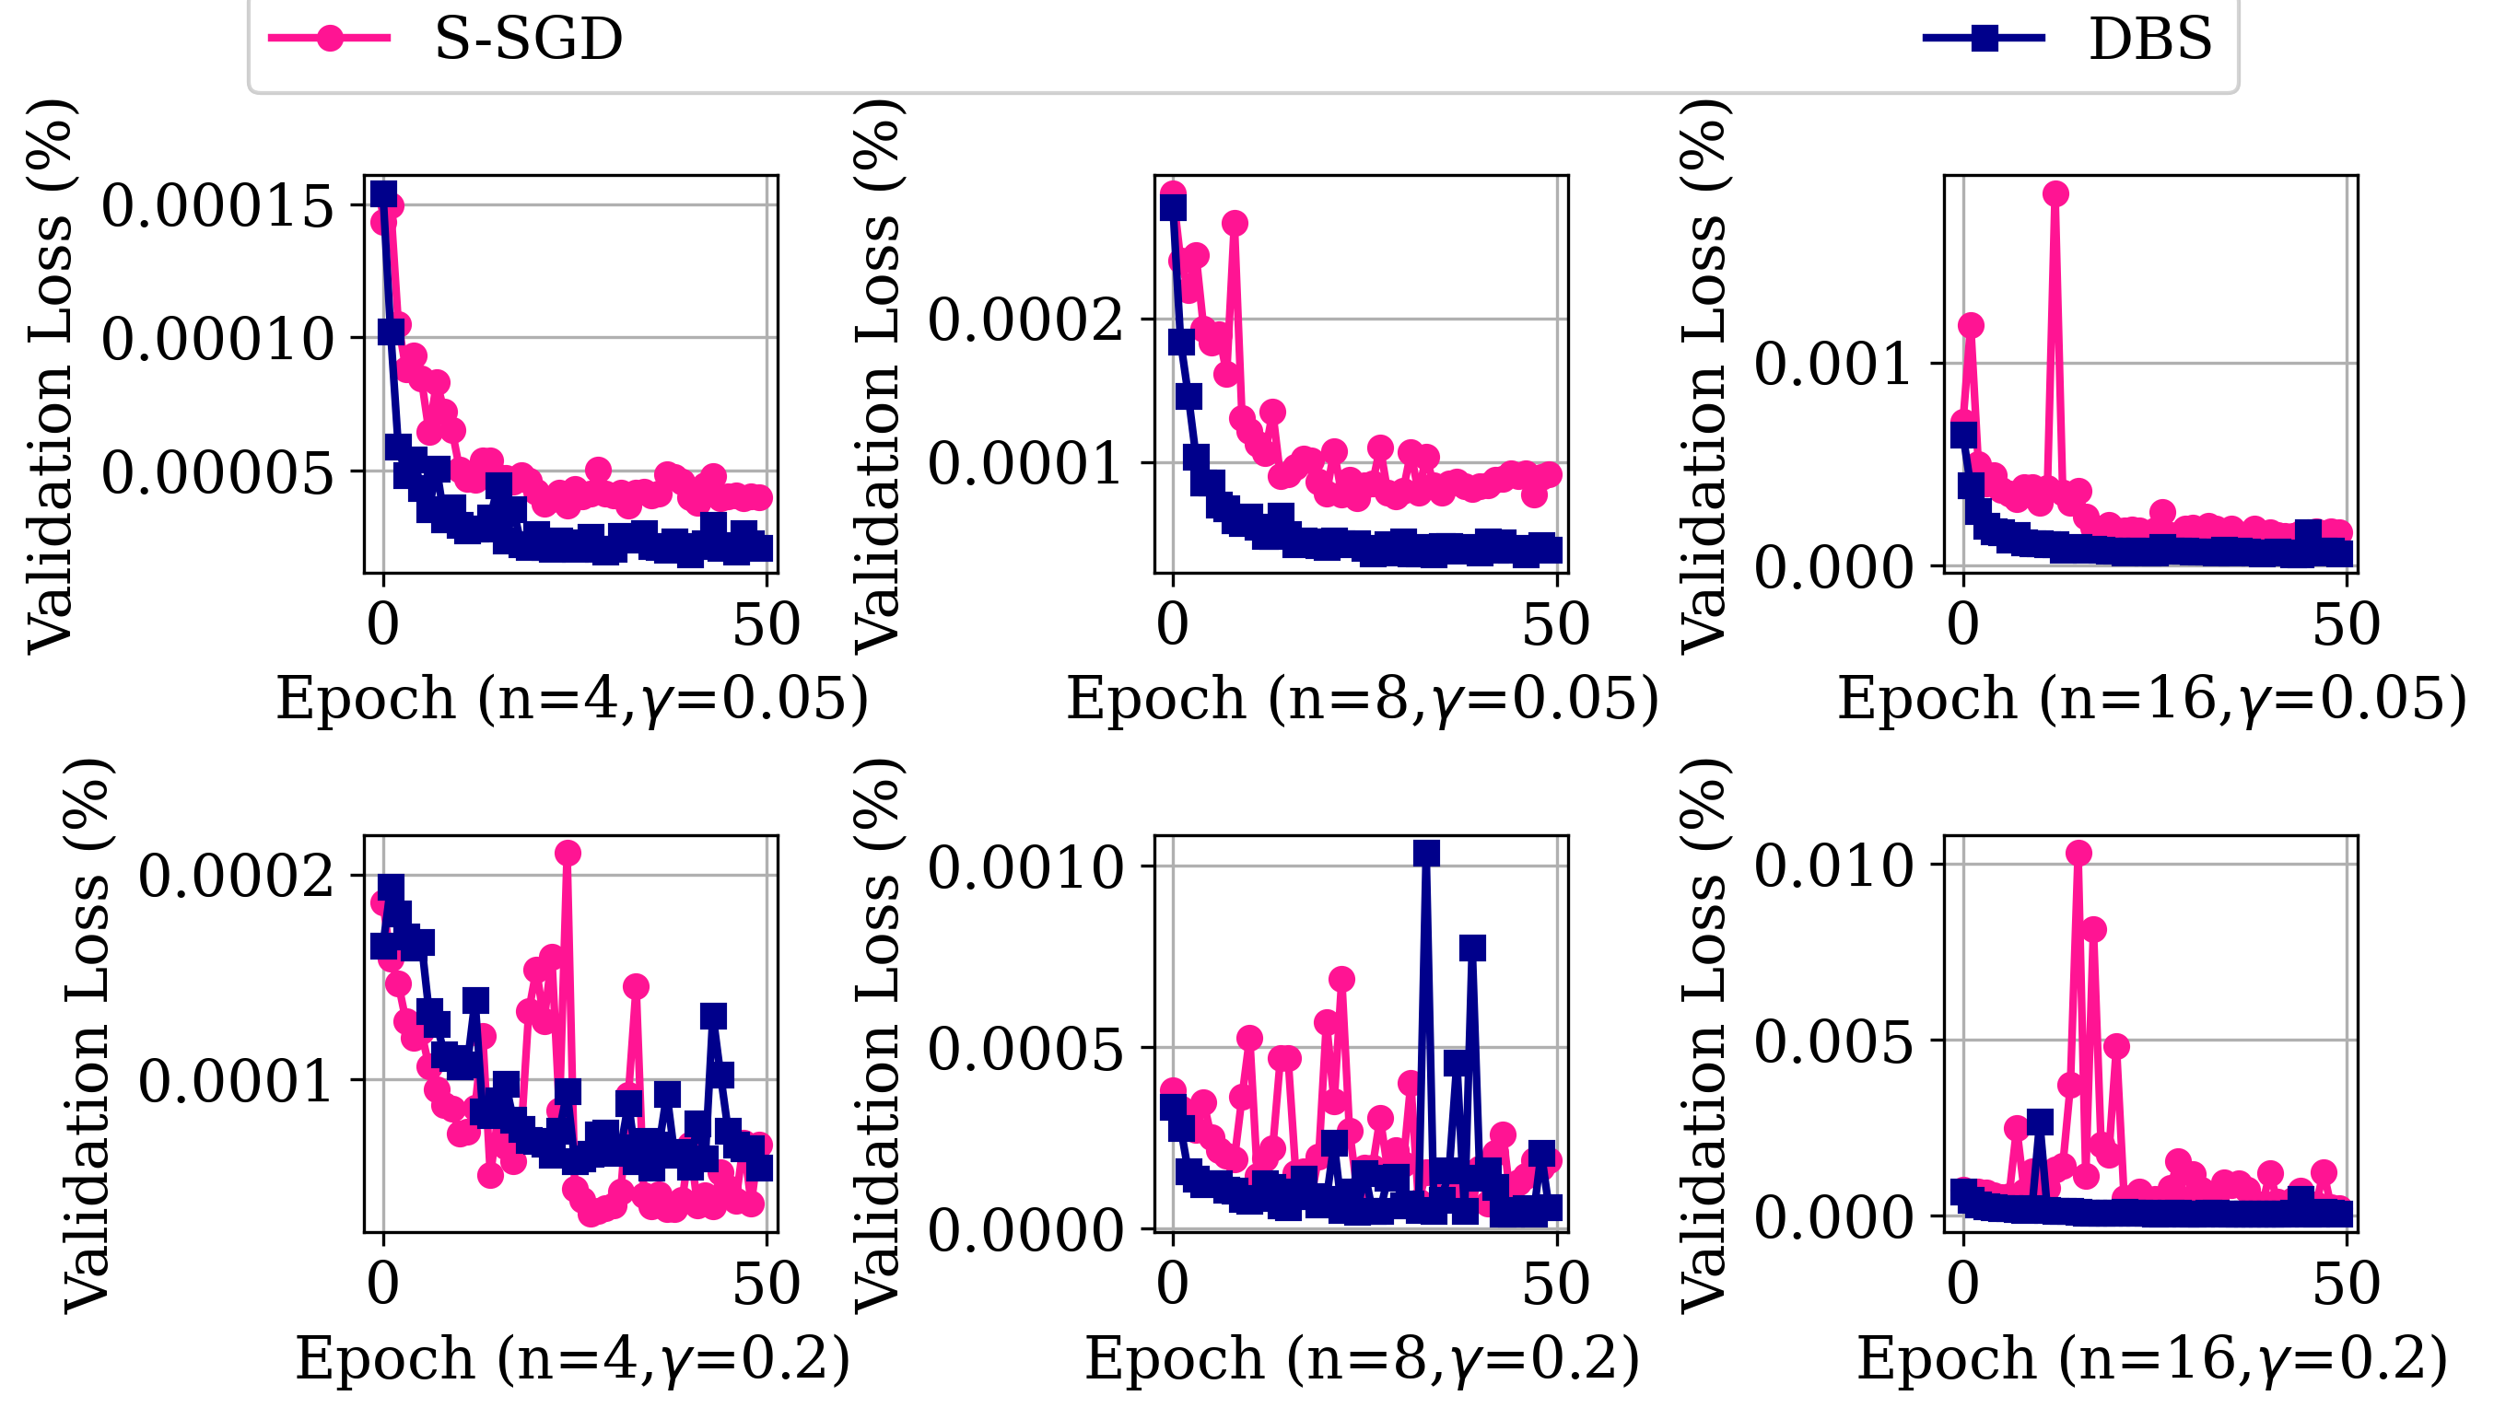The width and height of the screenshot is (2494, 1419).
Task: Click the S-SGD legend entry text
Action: [528, 39]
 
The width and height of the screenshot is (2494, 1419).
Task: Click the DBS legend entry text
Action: [2149, 39]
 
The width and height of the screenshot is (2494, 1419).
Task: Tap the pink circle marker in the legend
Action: [331, 38]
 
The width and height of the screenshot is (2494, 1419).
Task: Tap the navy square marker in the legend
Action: [1983, 38]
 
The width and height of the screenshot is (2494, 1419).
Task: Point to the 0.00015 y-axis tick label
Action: [217, 205]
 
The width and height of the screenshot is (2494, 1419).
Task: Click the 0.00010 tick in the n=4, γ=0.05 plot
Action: [217, 339]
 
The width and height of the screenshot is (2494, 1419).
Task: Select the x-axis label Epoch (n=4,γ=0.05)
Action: [571, 699]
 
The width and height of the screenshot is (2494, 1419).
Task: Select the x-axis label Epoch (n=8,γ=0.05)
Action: [1362, 699]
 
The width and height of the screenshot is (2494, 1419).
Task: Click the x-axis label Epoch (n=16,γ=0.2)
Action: [2152, 1358]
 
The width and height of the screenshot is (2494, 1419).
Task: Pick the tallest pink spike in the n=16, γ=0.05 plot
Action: [2055, 194]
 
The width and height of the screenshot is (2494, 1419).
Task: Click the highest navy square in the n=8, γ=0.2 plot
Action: [1426, 854]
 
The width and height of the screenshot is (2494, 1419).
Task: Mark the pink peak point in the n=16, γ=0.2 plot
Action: [2078, 854]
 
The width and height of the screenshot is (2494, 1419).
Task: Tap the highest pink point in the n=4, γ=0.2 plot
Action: [568, 854]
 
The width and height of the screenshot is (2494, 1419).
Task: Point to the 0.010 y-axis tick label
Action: [1834, 866]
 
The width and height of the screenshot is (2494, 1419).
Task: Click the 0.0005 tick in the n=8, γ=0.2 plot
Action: [1025, 1049]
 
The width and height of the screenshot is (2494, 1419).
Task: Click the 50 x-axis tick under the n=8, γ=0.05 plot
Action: [1556, 624]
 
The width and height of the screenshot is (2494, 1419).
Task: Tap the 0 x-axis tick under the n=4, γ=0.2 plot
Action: [383, 1285]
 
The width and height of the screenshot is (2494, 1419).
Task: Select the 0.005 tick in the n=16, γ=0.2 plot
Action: [1834, 1041]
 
